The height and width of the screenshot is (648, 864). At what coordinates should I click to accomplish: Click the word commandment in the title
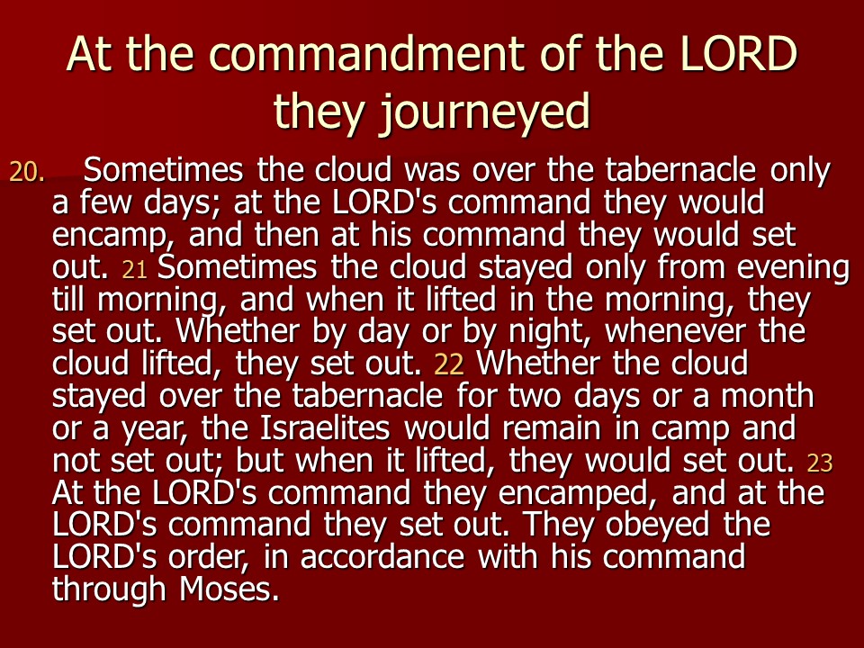367,55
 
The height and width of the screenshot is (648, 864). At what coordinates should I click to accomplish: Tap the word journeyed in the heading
485,112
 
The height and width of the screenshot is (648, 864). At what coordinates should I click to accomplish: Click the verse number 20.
26,172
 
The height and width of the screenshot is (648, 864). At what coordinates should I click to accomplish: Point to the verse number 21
134,269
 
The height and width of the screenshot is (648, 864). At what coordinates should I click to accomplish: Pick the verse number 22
449,364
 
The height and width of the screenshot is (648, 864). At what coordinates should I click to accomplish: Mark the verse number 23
819,463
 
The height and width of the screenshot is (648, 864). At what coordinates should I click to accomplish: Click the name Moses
229,589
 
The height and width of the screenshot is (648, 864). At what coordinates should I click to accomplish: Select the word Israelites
325,428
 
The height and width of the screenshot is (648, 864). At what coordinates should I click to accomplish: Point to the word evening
793,269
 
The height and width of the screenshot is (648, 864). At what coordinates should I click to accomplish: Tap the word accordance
382,557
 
